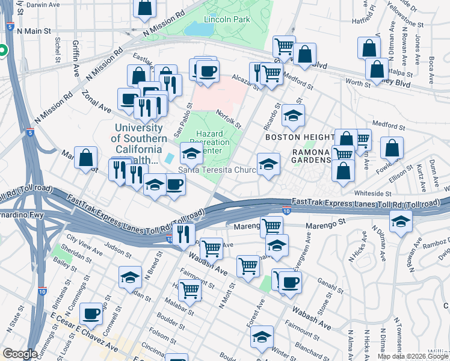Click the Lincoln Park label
click(x=227, y=19)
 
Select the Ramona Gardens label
click(x=312, y=156)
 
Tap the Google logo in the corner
click(x=20, y=354)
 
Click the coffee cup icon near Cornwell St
click(x=92, y=313)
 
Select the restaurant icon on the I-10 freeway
click(x=184, y=233)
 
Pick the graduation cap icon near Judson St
click(x=130, y=278)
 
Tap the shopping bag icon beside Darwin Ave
click(x=145, y=8)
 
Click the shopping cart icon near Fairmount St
click(x=190, y=290)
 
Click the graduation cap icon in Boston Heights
click(x=293, y=116)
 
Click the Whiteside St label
click(x=372, y=193)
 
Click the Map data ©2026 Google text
click(x=413, y=356)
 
